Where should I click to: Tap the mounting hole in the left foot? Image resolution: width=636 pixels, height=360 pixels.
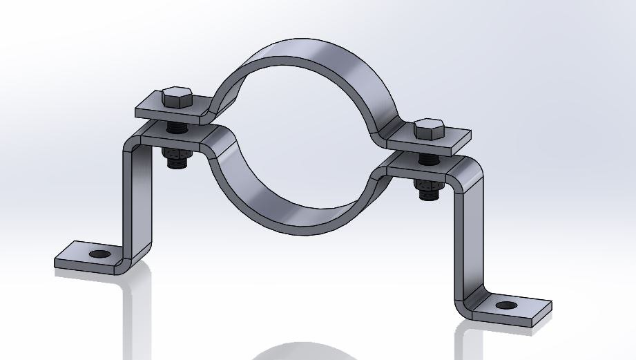pyautogui.click(x=102, y=255)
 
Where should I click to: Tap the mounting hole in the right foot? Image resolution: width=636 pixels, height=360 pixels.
pyautogui.click(x=505, y=305)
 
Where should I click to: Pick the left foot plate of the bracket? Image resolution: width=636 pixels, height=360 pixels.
pyautogui.click(x=83, y=256)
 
